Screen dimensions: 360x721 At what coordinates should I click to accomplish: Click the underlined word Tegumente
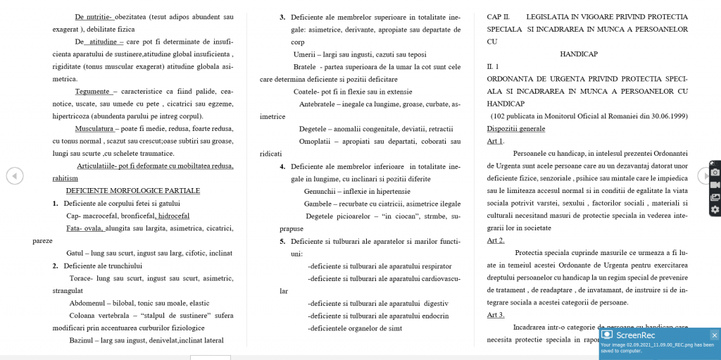click(x=92, y=92)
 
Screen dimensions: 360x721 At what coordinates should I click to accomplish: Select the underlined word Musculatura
click(x=94, y=129)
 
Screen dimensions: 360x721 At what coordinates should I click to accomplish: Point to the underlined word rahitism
click(x=65, y=178)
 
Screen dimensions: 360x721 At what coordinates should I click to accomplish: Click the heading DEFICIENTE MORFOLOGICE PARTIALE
click(x=133, y=191)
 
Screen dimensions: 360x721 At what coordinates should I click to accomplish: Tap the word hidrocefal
click(x=173, y=216)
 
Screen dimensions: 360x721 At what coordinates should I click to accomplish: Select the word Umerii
click(x=304, y=54)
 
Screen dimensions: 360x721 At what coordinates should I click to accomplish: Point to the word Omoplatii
click(x=314, y=141)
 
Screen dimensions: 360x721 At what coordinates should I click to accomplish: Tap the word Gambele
click(x=318, y=204)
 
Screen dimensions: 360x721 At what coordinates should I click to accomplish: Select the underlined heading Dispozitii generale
click(x=515, y=129)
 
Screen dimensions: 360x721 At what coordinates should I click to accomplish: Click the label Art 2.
click(x=496, y=240)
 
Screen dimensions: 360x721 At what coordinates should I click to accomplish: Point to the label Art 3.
click(x=496, y=315)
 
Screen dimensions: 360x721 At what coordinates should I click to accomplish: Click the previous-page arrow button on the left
click(x=15, y=175)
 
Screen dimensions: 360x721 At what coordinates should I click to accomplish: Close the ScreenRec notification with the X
click(x=714, y=335)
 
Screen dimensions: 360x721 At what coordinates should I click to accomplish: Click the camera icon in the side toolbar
click(x=715, y=172)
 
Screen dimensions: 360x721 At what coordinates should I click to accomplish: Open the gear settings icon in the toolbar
click(x=715, y=209)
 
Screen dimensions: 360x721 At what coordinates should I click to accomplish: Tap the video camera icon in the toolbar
click(x=715, y=185)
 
